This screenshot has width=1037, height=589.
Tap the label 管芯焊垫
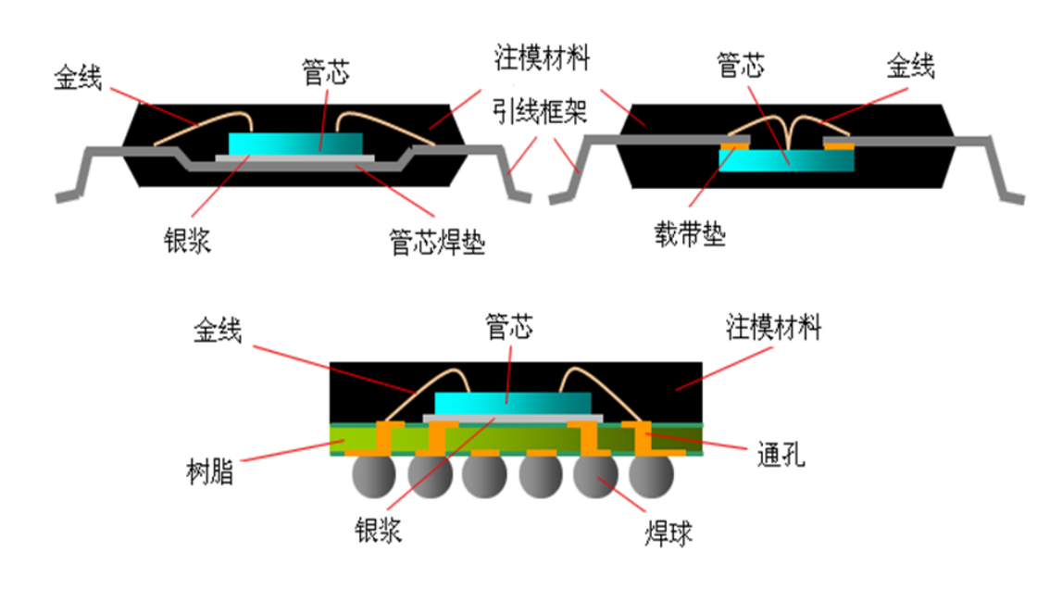(x=437, y=244)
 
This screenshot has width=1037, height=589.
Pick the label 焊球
(x=668, y=534)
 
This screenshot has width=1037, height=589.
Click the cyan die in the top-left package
(x=295, y=143)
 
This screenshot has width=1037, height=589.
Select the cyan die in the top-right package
(x=786, y=158)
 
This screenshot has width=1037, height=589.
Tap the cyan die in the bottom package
(x=511, y=403)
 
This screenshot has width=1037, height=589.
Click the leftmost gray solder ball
(x=377, y=476)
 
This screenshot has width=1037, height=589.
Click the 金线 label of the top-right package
(x=911, y=67)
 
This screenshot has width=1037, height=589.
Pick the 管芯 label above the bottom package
(x=509, y=326)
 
